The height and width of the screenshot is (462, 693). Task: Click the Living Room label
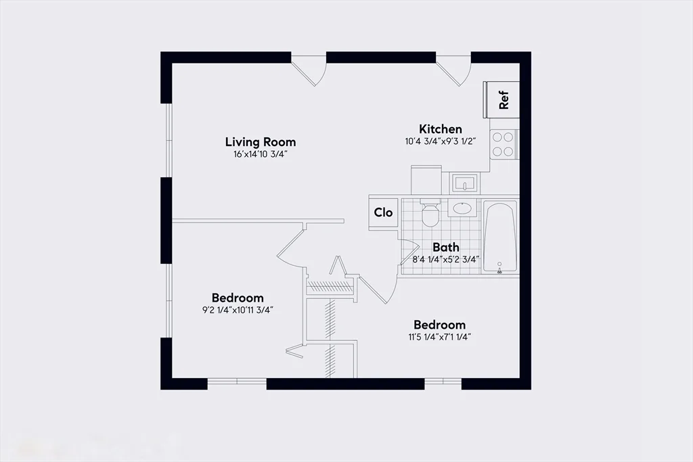coord(260,142)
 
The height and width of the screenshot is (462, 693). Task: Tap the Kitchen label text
coord(441,129)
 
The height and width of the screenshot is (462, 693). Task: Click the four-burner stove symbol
coord(503,143)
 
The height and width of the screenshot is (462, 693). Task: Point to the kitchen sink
coord(464,183)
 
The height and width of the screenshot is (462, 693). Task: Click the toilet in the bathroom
coord(430,214)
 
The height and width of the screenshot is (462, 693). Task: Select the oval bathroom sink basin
coord(463,208)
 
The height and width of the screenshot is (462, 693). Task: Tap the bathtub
coord(501,237)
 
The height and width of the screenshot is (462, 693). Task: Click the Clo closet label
coord(384,212)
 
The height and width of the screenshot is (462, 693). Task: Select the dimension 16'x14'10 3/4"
coord(260,154)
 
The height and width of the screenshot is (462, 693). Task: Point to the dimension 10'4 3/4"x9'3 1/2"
coord(441,142)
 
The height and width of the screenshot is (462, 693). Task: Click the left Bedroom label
coord(238,298)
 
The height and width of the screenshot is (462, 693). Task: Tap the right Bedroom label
coord(439,325)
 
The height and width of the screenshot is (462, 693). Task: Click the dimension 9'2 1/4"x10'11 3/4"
coord(238,310)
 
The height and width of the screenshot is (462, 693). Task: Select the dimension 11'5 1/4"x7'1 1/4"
coord(439,336)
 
